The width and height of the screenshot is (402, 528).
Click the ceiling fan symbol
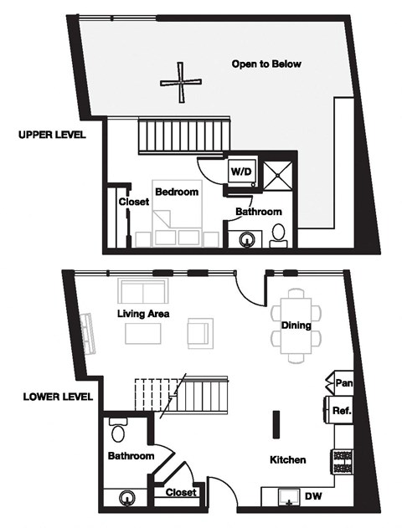[x=181, y=81]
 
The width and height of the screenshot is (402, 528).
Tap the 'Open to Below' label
[x=267, y=64]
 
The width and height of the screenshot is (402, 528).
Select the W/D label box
[x=241, y=171]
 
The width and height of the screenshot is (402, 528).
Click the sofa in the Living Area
[x=144, y=292]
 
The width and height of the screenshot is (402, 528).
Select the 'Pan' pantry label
[x=343, y=382]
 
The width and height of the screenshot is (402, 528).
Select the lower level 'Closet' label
[x=181, y=493]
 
